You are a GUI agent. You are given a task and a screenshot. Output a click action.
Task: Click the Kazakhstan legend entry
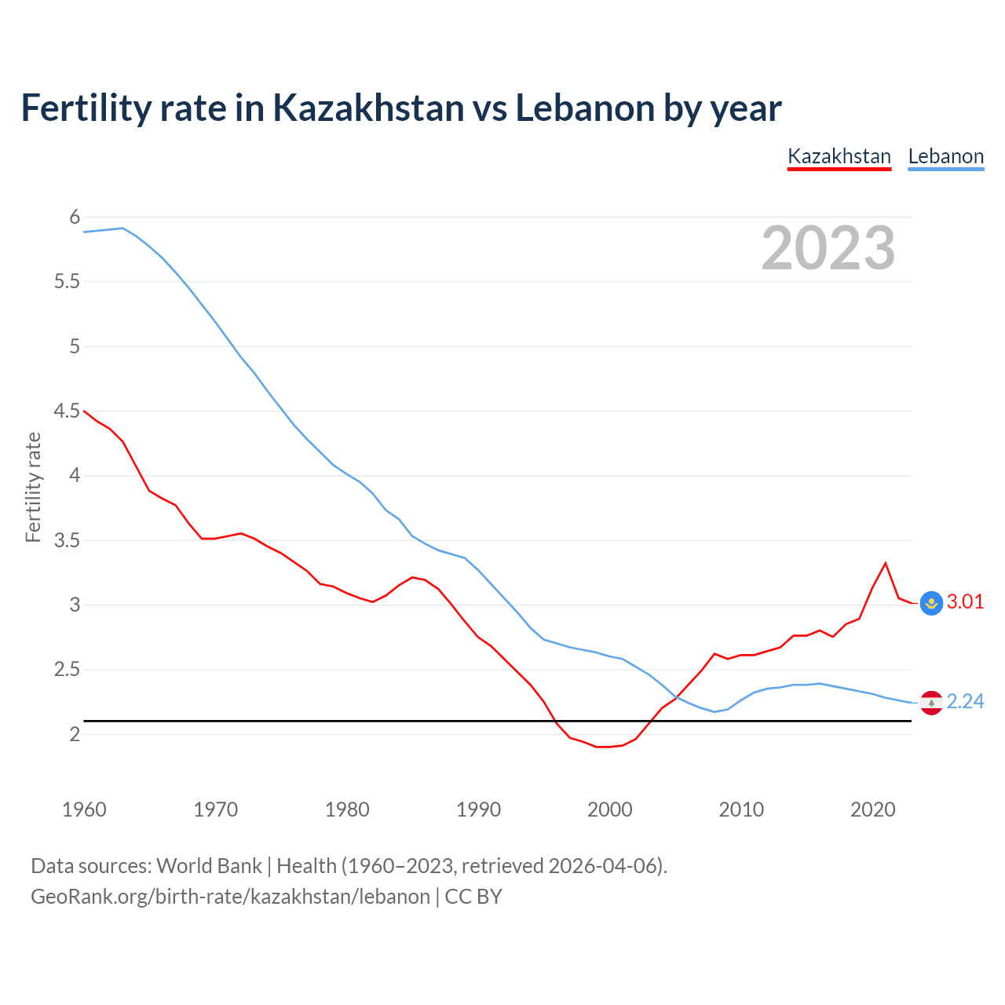(x=839, y=156)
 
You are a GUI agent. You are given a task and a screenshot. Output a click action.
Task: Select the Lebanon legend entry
(x=945, y=156)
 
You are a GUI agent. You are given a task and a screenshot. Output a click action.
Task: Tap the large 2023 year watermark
(x=828, y=248)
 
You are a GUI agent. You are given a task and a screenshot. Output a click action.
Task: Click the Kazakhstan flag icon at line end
(x=931, y=602)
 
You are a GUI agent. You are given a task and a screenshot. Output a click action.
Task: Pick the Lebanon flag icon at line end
(x=931, y=702)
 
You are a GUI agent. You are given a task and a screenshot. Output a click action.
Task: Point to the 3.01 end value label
(x=965, y=602)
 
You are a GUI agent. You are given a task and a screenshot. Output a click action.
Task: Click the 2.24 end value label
(x=965, y=702)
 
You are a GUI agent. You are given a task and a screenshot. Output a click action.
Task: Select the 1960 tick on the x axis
(x=84, y=809)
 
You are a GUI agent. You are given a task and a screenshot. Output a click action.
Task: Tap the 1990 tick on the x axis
(x=478, y=809)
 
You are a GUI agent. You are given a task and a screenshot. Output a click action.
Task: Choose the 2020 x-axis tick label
(x=872, y=809)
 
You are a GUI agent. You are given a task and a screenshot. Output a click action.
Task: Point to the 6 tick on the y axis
(x=75, y=217)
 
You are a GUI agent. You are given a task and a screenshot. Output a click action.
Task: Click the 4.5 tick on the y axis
(x=68, y=411)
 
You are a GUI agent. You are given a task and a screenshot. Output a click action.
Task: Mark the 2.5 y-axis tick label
(x=68, y=670)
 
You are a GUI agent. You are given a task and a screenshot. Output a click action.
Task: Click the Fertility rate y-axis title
(x=33, y=487)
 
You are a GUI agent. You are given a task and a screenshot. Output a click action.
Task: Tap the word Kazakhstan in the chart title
(x=368, y=108)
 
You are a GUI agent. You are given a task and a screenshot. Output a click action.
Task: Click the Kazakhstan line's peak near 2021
(x=886, y=563)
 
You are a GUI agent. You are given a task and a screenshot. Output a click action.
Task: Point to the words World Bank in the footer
(x=209, y=866)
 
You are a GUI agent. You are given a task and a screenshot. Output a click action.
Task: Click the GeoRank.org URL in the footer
(x=230, y=897)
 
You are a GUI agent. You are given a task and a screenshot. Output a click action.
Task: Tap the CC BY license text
(x=473, y=897)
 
